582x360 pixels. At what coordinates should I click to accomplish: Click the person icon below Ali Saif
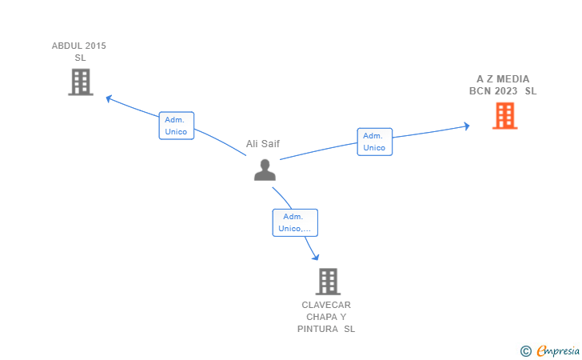265,170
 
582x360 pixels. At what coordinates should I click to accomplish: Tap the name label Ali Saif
263,144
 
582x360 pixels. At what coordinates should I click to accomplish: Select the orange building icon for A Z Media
504,116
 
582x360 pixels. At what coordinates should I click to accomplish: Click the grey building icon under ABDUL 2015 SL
81,82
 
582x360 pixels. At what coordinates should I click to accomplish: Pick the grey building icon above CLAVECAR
328,282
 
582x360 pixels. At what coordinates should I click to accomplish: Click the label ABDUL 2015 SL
79,52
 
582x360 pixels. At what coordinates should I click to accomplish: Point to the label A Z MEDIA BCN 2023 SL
503,85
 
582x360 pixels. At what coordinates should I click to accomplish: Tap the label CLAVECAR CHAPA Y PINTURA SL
326,317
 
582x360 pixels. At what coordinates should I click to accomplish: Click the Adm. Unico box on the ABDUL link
177,126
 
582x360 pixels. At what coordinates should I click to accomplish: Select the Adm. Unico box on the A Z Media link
374,142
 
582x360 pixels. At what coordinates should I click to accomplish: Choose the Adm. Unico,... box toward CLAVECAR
295,222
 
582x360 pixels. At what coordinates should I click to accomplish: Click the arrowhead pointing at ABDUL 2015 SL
109,99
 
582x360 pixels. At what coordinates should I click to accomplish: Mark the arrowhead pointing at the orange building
467,126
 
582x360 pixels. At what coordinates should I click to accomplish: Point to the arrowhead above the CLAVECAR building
316,257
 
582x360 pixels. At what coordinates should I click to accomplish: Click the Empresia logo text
558,350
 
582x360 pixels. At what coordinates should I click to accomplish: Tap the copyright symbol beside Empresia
526,351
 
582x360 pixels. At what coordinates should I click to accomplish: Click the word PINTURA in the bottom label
317,329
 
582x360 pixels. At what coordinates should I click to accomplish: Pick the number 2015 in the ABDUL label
96,46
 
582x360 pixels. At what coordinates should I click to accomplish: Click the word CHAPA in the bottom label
321,317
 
